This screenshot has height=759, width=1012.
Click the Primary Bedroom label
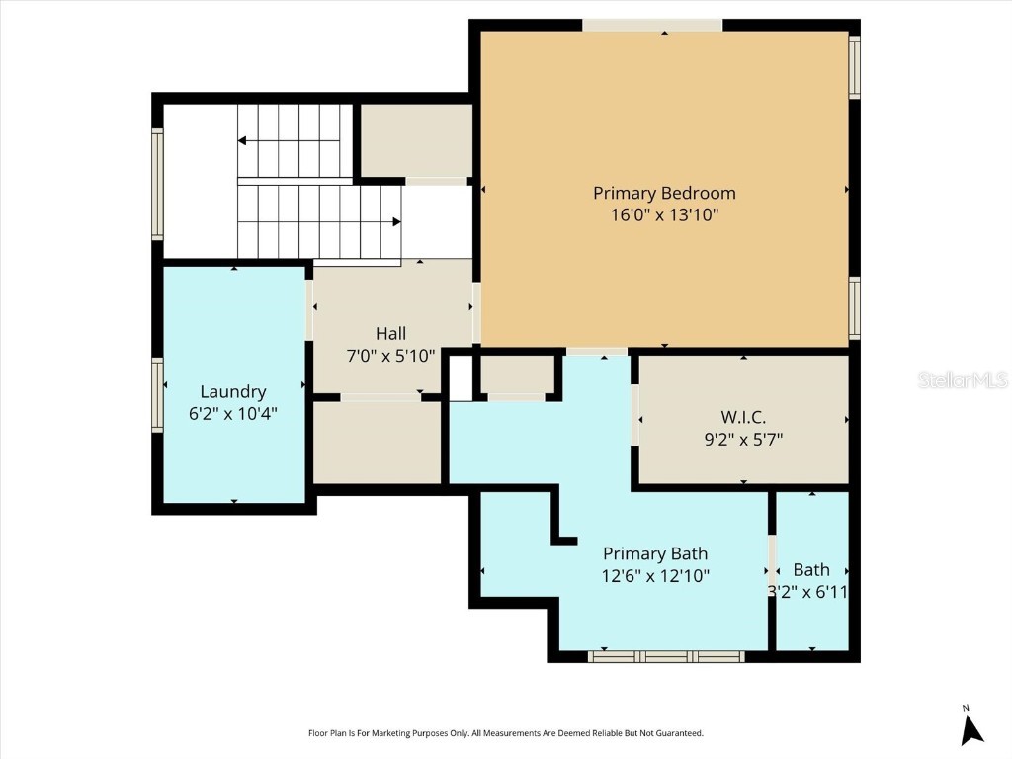[x=664, y=193]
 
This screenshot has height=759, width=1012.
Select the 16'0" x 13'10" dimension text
[x=664, y=214]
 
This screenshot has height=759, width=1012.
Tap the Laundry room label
[x=233, y=391]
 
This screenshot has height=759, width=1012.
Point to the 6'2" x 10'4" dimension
[x=233, y=414]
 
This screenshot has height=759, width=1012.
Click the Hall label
[x=390, y=334]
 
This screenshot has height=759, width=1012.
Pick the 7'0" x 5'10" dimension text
[x=390, y=356]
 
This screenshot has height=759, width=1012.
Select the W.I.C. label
[x=743, y=416]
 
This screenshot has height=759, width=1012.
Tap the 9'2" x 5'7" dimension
[x=743, y=439]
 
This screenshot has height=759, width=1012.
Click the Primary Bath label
[x=655, y=553]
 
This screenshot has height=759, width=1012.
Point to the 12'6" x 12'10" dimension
[x=655, y=575]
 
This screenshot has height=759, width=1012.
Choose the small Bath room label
[x=811, y=570]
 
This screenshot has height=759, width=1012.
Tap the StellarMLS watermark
[x=962, y=379]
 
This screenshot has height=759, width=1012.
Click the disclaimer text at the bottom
[x=506, y=733]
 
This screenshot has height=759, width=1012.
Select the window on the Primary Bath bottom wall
[x=666, y=656]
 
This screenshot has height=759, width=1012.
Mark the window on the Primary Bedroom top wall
[x=651, y=25]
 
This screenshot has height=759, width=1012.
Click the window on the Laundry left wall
[x=157, y=394]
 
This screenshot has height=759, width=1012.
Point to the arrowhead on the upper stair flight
[x=242, y=141]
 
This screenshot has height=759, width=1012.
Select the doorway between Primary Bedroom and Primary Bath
[x=597, y=351]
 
